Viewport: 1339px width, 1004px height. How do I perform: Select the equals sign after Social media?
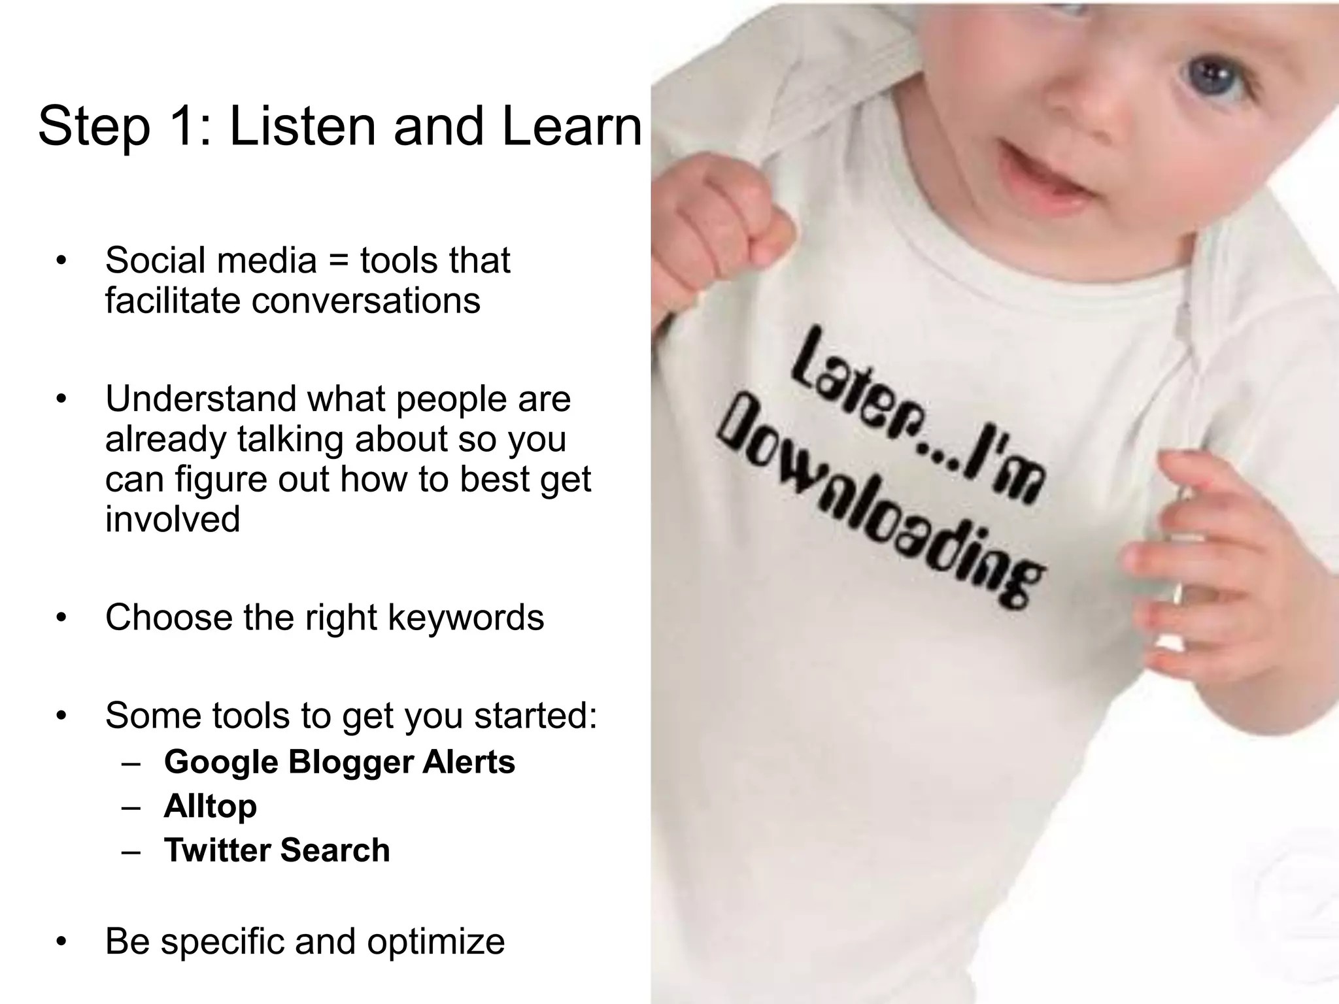[x=337, y=261]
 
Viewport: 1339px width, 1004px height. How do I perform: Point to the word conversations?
[x=366, y=301]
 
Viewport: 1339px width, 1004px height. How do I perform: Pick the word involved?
[x=173, y=519]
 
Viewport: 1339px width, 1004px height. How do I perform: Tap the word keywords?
[x=466, y=618]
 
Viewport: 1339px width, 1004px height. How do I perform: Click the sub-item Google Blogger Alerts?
[x=339, y=762]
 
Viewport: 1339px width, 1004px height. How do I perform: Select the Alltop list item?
[x=210, y=807]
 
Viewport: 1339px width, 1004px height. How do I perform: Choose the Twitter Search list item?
[x=277, y=850]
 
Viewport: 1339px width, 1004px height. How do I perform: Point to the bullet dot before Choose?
[x=61, y=618]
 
